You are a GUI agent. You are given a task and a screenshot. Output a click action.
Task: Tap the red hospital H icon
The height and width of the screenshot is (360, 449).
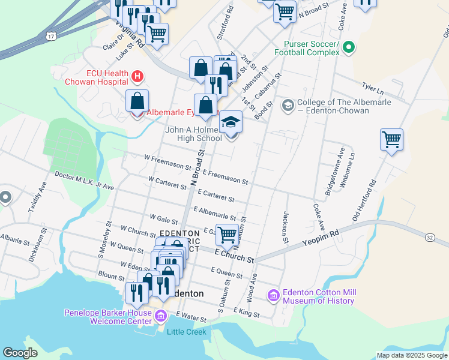coord(137,76)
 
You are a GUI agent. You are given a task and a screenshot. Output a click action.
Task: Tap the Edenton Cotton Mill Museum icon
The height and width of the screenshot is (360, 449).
coord(274,296)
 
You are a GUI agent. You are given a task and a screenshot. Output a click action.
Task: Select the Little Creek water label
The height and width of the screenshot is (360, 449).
coord(187,332)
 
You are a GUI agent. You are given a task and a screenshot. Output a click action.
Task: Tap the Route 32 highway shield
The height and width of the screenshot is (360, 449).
coord(430,238)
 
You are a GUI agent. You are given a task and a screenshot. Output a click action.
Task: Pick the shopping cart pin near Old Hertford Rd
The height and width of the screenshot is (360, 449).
coord(391,141)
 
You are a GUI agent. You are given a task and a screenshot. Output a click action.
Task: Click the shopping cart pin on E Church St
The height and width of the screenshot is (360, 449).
coord(226,235)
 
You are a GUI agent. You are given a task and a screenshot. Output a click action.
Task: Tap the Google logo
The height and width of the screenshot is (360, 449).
coord(20,353)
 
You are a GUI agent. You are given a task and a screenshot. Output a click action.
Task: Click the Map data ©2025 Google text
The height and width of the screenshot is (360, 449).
coord(411,355)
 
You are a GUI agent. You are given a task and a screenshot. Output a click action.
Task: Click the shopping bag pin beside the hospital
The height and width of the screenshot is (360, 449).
coord(137,101)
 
